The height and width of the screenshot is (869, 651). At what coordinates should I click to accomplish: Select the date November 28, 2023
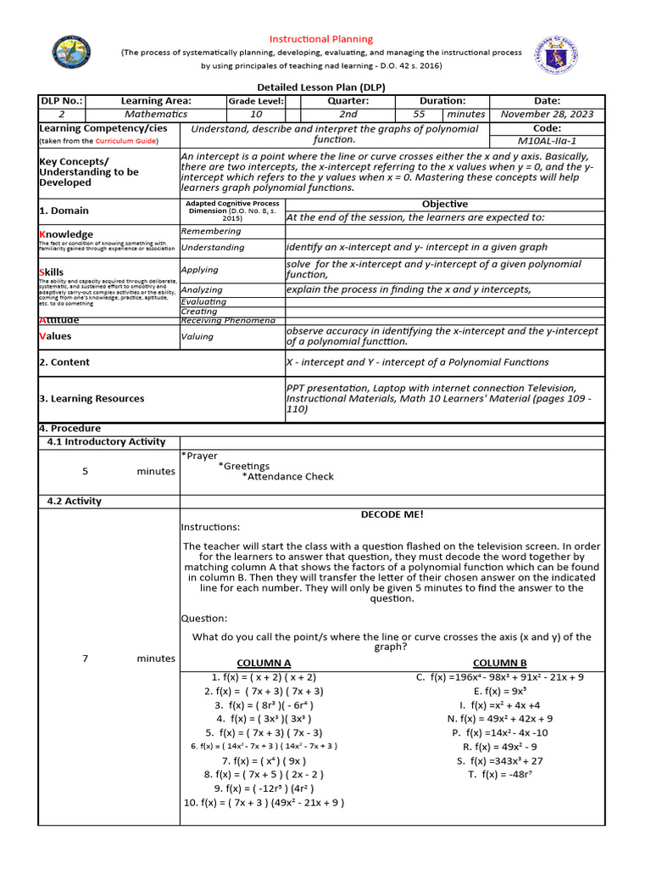pos(547,114)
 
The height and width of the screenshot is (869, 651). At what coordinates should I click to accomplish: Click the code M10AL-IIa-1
pos(547,141)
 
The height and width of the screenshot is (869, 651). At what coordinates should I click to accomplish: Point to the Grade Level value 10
pos(255,114)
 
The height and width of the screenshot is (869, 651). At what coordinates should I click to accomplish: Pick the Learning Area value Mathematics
pos(156,114)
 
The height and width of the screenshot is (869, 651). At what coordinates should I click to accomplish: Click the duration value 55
pos(419,114)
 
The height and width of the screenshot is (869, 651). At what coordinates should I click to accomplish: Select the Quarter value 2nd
pos(348,114)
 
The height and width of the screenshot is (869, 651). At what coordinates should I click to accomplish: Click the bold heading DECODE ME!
pos(392,514)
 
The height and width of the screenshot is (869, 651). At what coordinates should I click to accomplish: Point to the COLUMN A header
pos(264,663)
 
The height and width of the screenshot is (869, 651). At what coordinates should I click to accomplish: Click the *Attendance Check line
pos(287,477)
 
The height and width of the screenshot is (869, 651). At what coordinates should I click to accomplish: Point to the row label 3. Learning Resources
pos(92,399)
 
